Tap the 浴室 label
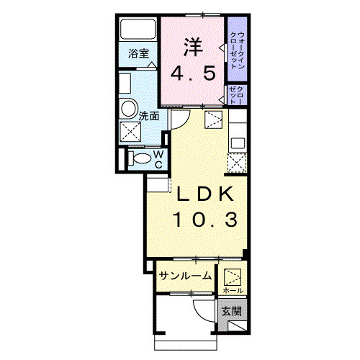138,53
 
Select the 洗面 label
149,114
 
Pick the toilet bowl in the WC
142,158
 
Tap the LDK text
204,194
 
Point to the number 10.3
204,220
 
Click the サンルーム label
185,276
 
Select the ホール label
232,289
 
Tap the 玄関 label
230,312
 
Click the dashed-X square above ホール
232,276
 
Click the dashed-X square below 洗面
130,132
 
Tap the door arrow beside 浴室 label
151,64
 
